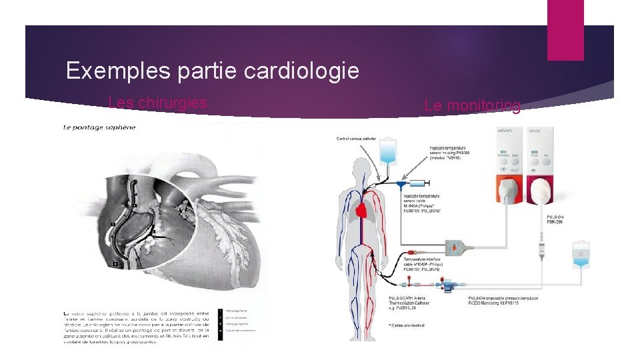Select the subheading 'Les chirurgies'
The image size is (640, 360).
(157, 103)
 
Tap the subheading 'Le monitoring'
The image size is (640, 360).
(472, 105)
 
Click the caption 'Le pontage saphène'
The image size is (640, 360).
(99, 127)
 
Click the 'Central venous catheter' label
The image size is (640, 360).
(356, 139)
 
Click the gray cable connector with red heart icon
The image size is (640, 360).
(462, 246)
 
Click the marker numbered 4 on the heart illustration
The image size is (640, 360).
(115, 264)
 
